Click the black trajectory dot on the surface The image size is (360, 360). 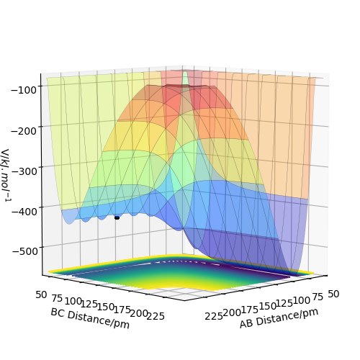117,217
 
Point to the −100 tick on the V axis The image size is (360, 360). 24,91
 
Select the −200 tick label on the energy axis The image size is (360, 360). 24,131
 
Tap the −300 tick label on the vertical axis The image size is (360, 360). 24,171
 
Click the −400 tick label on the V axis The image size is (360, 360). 24,212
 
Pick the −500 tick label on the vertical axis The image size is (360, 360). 25,251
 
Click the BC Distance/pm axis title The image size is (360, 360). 90,318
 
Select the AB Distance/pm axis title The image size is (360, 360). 279,318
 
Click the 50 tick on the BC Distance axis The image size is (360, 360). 41,294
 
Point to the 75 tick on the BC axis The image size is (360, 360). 57,298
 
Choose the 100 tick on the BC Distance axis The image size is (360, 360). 73,302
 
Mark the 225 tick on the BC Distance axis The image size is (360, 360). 156,316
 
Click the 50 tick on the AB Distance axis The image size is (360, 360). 333,294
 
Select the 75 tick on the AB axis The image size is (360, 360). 318,297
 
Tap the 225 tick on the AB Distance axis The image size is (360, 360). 214,316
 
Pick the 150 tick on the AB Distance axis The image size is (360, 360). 267,307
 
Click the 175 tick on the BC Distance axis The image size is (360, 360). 122,310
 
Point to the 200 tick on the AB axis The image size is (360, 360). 232,313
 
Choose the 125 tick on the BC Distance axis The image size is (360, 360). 89,305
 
